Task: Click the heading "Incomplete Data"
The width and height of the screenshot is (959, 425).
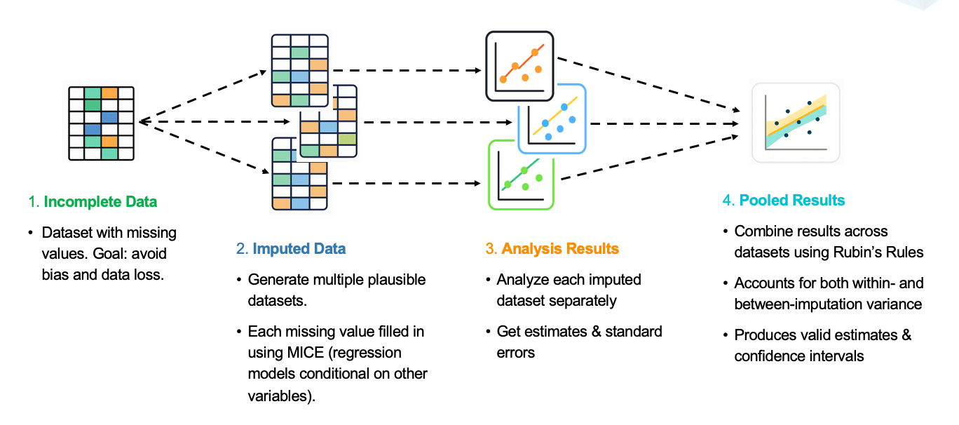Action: pos(100,202)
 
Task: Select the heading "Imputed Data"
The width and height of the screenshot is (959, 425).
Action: pos(299,249)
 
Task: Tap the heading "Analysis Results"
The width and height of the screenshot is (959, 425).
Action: pos(560,249)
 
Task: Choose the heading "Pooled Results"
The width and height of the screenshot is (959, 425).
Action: pos(792,201)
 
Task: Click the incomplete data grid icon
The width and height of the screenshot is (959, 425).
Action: pos(102,123)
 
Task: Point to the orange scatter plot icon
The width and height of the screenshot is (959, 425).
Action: pos(519,66)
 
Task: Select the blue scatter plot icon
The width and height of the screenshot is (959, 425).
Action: pos(552,119)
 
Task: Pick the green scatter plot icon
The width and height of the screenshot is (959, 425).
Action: pos(522,175)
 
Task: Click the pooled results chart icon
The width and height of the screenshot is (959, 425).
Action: pos(796,123)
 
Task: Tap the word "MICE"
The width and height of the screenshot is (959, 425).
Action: pos(305,353)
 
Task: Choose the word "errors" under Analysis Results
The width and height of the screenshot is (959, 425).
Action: pos(515,353)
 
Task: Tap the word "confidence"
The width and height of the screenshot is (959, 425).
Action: pos(773,356)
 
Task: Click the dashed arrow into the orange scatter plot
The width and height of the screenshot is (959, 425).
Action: pos(407,70)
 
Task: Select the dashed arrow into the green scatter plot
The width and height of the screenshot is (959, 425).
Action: pos(407,183)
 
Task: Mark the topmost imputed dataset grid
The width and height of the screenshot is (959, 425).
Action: pos(300,71)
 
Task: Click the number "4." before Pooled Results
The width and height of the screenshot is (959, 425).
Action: pos(728,201)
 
